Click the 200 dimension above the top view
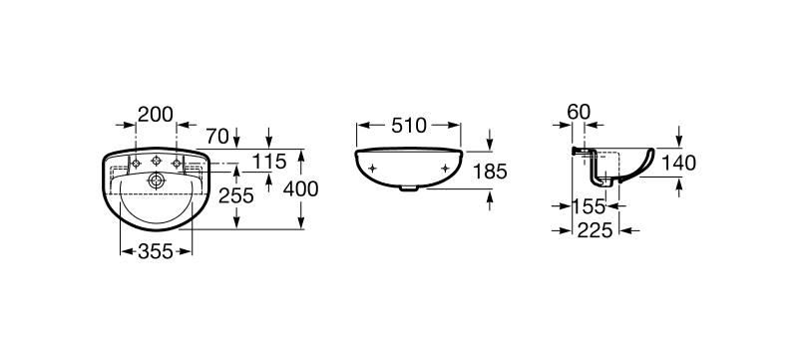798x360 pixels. click(157, 115)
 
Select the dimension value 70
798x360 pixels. click(219, 136)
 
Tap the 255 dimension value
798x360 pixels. click(236, 195)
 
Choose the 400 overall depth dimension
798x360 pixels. click(300, 186)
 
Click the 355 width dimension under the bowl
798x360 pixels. click(156, 250)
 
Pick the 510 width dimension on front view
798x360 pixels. click(409, 126)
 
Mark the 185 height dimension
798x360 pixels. click(490, 172)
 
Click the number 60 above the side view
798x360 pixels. click(579, 112)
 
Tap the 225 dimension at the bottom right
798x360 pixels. click(597, 231)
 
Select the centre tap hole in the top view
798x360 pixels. click(155, 163)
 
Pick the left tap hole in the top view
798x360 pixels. click(133, 163)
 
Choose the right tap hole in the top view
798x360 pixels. click(177, 163)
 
